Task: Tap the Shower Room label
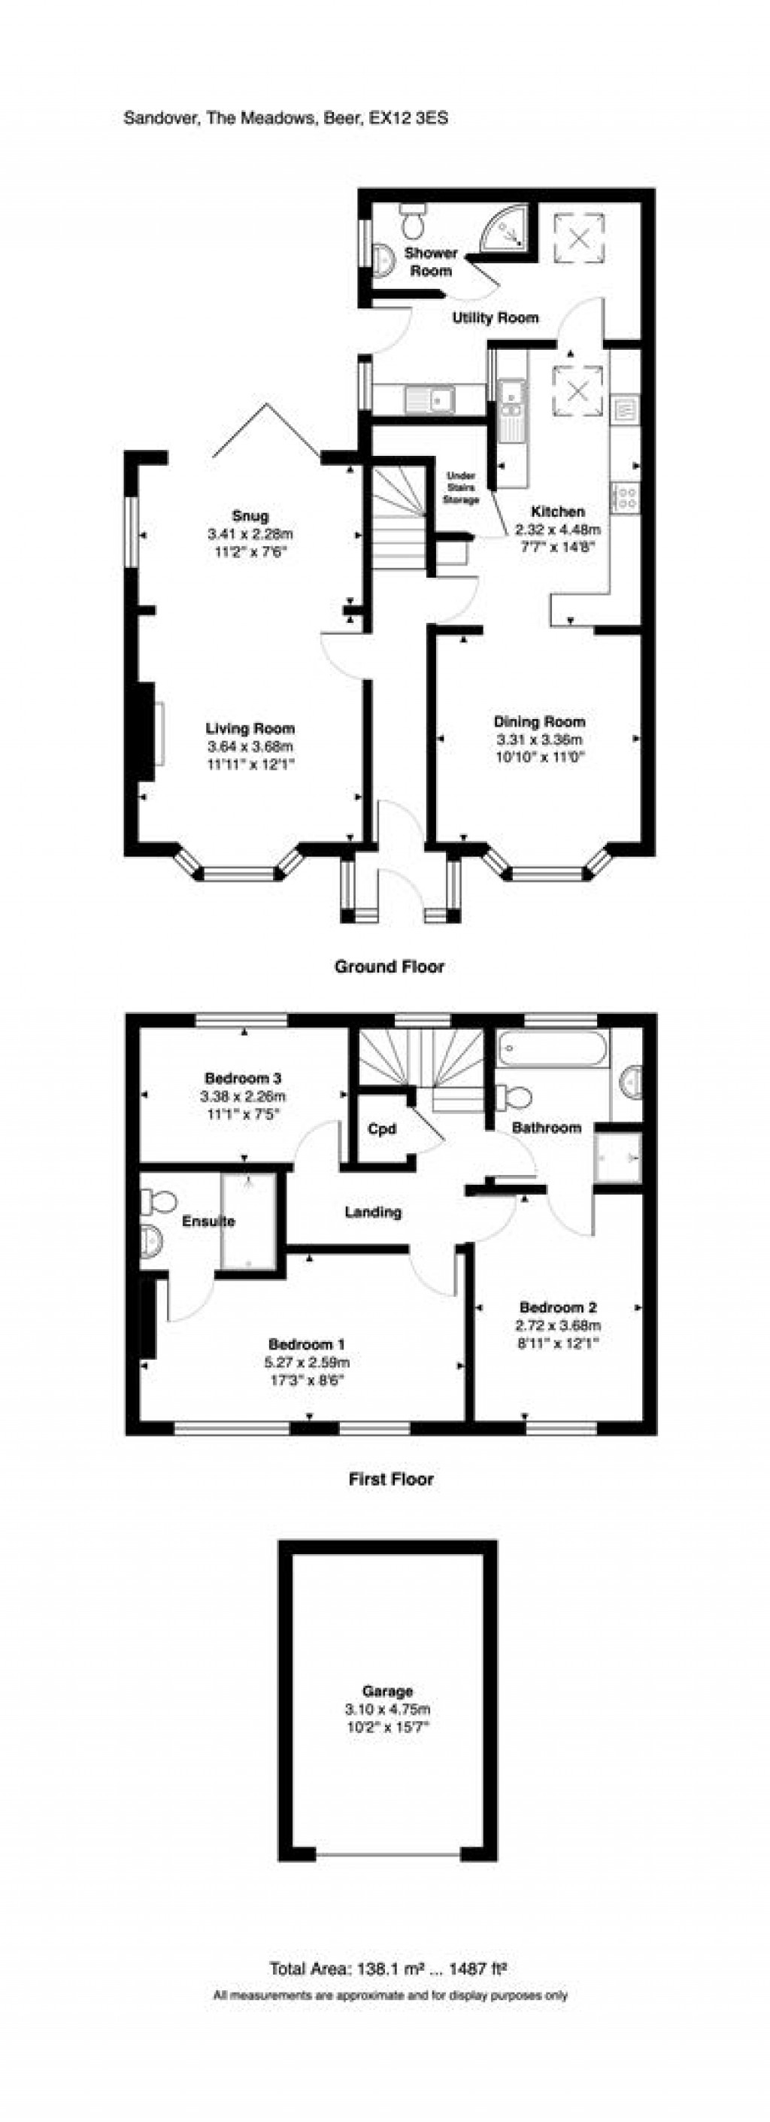coord(430,261)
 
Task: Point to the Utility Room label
coord(495,317)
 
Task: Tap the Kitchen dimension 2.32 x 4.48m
coord(557,530)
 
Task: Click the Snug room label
coord(250,517)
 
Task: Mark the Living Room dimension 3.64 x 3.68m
coord(250,746)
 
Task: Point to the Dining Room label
coord(539,721)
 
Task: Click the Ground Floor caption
coord(389,967)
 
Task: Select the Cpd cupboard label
coord(381,1129)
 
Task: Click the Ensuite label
coord(208,1221)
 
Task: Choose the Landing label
coord(373,1212)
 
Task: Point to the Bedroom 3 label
coord(243,1077)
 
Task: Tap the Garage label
coord(387,1691)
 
